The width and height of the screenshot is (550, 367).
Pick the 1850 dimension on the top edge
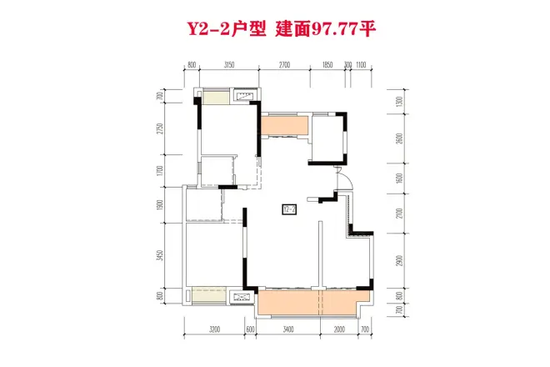[x=327, y=64]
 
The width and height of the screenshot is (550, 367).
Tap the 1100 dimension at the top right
[x=362, y=64]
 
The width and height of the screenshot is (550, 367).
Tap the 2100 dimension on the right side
[x=401, y=216]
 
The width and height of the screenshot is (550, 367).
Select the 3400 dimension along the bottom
[x=288, y=330]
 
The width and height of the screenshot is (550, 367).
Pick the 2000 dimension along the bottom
[x=340, y=330]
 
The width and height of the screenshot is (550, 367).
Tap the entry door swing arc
[x=341, y=178]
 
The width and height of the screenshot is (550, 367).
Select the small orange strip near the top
[x=283, y=126]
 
